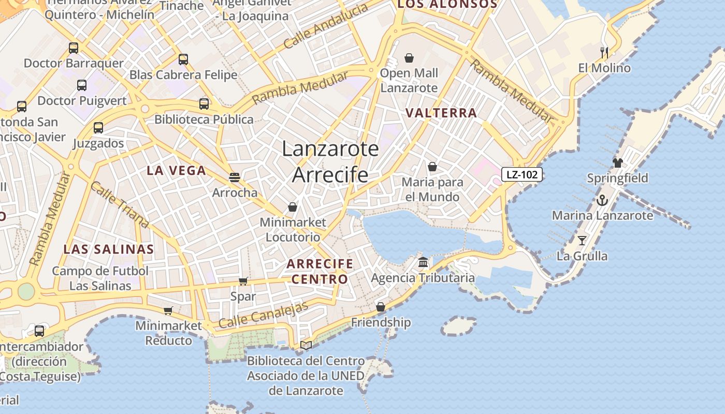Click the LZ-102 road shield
click(x=521, y=174)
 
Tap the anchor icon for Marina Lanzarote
click(x=602, y=200)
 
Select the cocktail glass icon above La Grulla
click(x=582, y=240)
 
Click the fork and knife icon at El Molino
click(x=604, y=52)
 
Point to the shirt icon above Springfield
click(x=617, y=163)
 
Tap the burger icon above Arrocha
click(x=235, y=178)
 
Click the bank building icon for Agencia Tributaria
click(x=423, y=262)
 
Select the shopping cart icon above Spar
click(x=243, y=281)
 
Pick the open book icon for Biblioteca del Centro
click(x=306, y=345)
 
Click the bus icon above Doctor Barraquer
click(x=74, y=48)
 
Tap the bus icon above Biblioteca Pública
click(x=204, y=103)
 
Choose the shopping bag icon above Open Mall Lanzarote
click(x=409, y=57)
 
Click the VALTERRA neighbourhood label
click(x=441, y=113)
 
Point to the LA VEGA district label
click(x=176, y=170)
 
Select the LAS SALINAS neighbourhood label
click(x=109, y=249)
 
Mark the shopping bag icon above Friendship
click(x=381, y=307)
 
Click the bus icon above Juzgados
click(x=98, y=128)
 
